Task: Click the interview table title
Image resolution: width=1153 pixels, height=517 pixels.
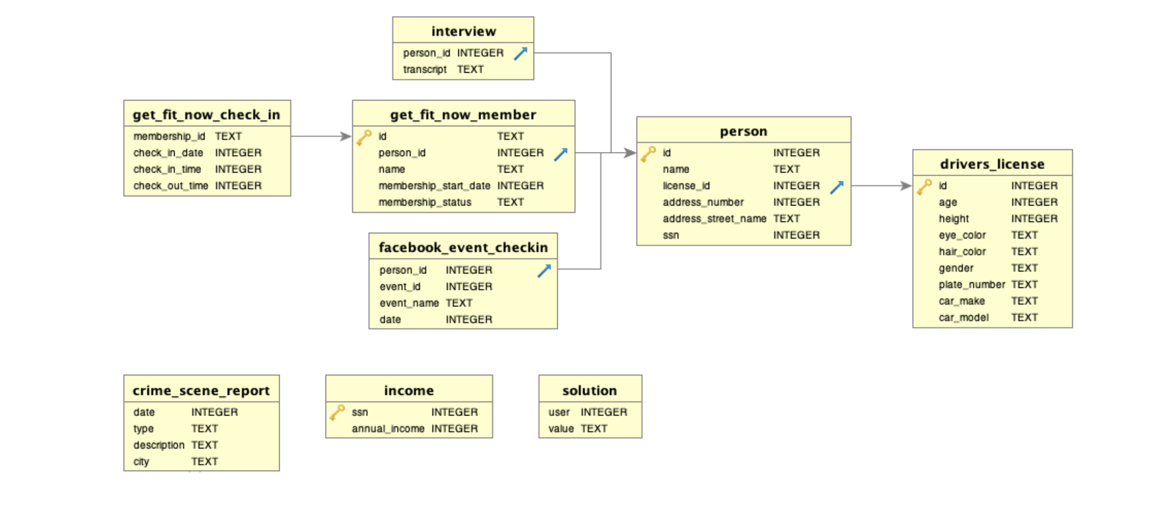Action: click(463, 31)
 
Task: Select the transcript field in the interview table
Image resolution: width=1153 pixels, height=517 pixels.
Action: click(425, 70)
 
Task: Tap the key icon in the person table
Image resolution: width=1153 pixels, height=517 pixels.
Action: click(648, 153)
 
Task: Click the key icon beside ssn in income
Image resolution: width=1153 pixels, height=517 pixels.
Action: click(337, 412)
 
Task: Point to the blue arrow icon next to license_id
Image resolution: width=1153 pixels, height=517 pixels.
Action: click(836, 187)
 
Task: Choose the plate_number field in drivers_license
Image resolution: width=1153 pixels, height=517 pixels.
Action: click(971, 285)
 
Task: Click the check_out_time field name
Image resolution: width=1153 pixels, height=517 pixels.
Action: click(171, 186)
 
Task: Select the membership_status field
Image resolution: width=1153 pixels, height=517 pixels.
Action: click(425, 202)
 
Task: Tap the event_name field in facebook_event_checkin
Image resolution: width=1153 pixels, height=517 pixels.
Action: click(409, 303)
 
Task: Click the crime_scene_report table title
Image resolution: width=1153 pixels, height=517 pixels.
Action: click(201, 390)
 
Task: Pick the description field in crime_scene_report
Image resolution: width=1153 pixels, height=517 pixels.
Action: click(159, 445)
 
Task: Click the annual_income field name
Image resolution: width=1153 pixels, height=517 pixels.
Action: click(388, 429)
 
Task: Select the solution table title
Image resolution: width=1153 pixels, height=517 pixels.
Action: click(590, 390)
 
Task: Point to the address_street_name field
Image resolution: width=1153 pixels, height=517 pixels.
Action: click(714, 219)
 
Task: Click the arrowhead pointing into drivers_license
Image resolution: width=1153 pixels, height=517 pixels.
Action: click(906, 186)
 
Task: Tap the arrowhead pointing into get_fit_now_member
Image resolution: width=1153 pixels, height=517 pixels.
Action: click(346, 136)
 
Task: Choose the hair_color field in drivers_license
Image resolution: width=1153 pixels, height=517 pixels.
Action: click(962, 252)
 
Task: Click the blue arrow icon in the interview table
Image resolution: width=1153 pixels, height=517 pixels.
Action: click(520, 54)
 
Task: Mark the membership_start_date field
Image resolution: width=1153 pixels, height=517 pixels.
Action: click(434, 186)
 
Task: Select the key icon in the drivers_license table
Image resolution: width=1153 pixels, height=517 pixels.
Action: click(924, 187)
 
